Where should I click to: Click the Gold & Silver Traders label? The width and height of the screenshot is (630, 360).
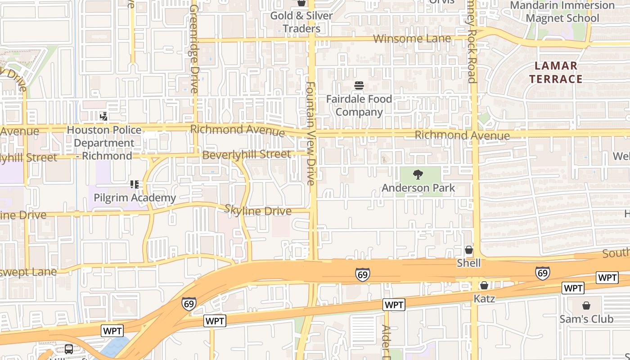point(301,22)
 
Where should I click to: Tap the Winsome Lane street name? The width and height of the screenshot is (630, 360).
point(412,39)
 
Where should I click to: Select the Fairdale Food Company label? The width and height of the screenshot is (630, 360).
point(359,105)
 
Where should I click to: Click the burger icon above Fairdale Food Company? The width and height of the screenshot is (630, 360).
point(359,85)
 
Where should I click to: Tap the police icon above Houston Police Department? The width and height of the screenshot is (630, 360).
point(104,117)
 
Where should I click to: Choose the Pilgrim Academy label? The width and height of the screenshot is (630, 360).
point(135,198)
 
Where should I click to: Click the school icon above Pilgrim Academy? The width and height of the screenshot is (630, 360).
point(135,184)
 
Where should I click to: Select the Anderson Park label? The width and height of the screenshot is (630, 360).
point(418,188)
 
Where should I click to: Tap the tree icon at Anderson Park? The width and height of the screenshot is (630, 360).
point(418,175)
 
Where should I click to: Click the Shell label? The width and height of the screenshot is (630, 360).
point(469,263)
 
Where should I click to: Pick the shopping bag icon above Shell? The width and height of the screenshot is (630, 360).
point(469,250)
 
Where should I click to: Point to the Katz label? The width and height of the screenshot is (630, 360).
point(484,298)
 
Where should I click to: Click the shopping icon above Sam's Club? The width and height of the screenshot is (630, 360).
point(586,306)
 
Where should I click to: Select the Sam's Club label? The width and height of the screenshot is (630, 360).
point(586,319)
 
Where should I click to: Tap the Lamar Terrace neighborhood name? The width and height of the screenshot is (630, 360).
point(556,72)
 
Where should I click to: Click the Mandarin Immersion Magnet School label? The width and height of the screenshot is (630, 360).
point(562,12)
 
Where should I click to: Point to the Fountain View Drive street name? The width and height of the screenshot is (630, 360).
point(311,133)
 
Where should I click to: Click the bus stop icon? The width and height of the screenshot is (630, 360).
point(69,349)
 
